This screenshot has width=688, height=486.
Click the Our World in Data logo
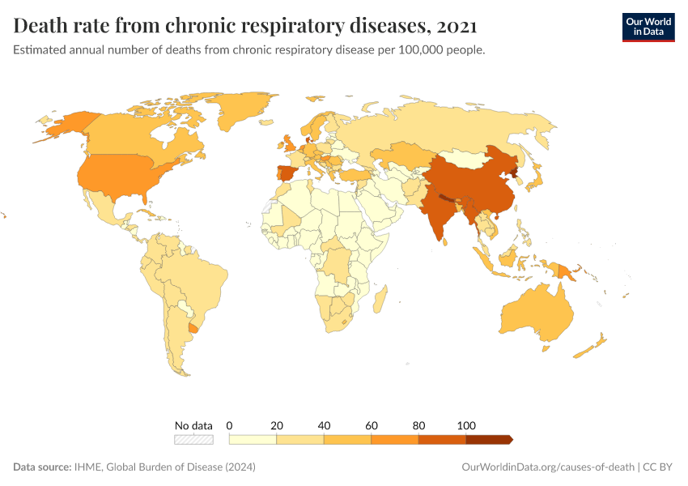click(648, 26)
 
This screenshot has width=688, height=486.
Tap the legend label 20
click(277, 425)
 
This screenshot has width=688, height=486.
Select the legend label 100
click(466, 425)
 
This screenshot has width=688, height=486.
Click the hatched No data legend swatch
click(194, 439)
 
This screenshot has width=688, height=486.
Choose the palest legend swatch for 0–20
click(253, 439)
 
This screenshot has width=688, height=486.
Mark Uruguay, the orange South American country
click(193, 326)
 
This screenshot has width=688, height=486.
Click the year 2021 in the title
click(456, 26)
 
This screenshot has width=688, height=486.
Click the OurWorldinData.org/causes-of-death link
click(546, 467)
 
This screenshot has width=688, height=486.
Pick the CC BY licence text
click(660, 467)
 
